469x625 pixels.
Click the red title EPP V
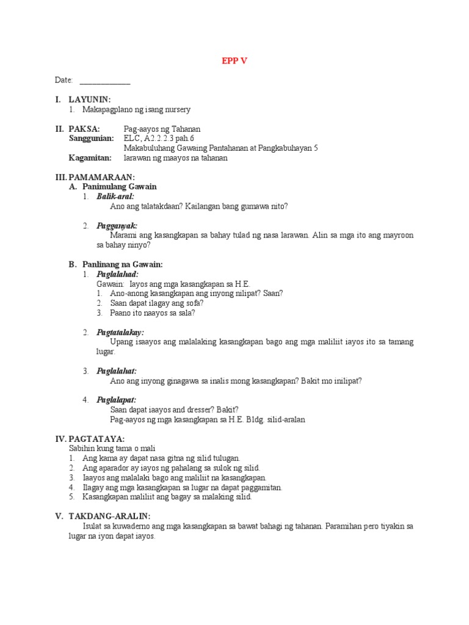point(234,61)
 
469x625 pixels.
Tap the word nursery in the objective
point(176,110)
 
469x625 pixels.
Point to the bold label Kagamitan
point(90,157)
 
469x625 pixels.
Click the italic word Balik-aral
point(115,197)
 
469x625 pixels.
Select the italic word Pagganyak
point(117,226)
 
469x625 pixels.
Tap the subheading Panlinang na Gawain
point(122,264)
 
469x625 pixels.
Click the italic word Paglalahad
point(117,275)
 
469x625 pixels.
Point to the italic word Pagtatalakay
point(120,333)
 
